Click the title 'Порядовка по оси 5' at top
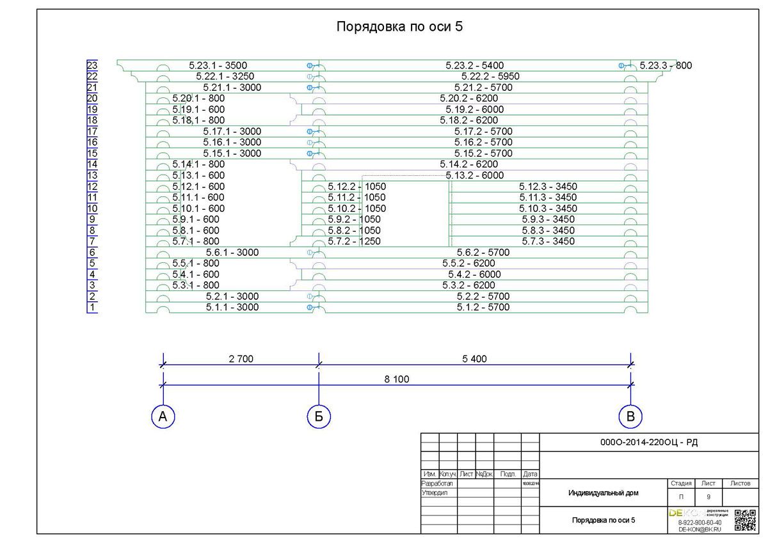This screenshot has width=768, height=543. point(399,27)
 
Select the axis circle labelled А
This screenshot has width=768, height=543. point(163,417)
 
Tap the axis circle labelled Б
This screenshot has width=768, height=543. point(319,417)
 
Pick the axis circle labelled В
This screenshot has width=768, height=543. point(630,417)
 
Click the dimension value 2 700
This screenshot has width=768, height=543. point(241,359)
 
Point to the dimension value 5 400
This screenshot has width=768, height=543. point(474,359)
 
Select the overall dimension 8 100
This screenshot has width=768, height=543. point(397,379)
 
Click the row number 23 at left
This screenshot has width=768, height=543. point(92,65)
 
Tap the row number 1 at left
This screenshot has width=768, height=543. point(92,308)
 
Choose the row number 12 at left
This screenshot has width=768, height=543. point(92,187)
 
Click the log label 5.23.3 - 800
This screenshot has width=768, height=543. point(666,65)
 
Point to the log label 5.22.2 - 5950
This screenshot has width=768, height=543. point(481,76)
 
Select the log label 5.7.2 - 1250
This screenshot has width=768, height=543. point(354,241)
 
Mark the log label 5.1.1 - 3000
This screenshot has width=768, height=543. point(232,307)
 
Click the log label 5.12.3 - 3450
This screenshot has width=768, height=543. point(548,187)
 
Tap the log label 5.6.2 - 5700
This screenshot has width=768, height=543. point(483,253)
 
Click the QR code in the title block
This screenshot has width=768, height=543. point(745,520)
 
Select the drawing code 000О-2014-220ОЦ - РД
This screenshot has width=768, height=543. point(648,442)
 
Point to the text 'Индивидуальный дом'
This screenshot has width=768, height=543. point(603,493)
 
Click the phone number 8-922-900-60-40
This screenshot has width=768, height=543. point(700,523)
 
